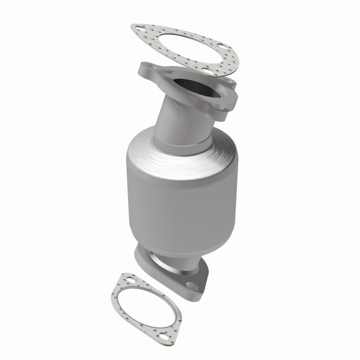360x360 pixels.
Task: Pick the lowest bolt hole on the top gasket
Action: point(206,71)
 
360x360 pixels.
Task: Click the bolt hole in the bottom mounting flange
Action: point(192,286)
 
